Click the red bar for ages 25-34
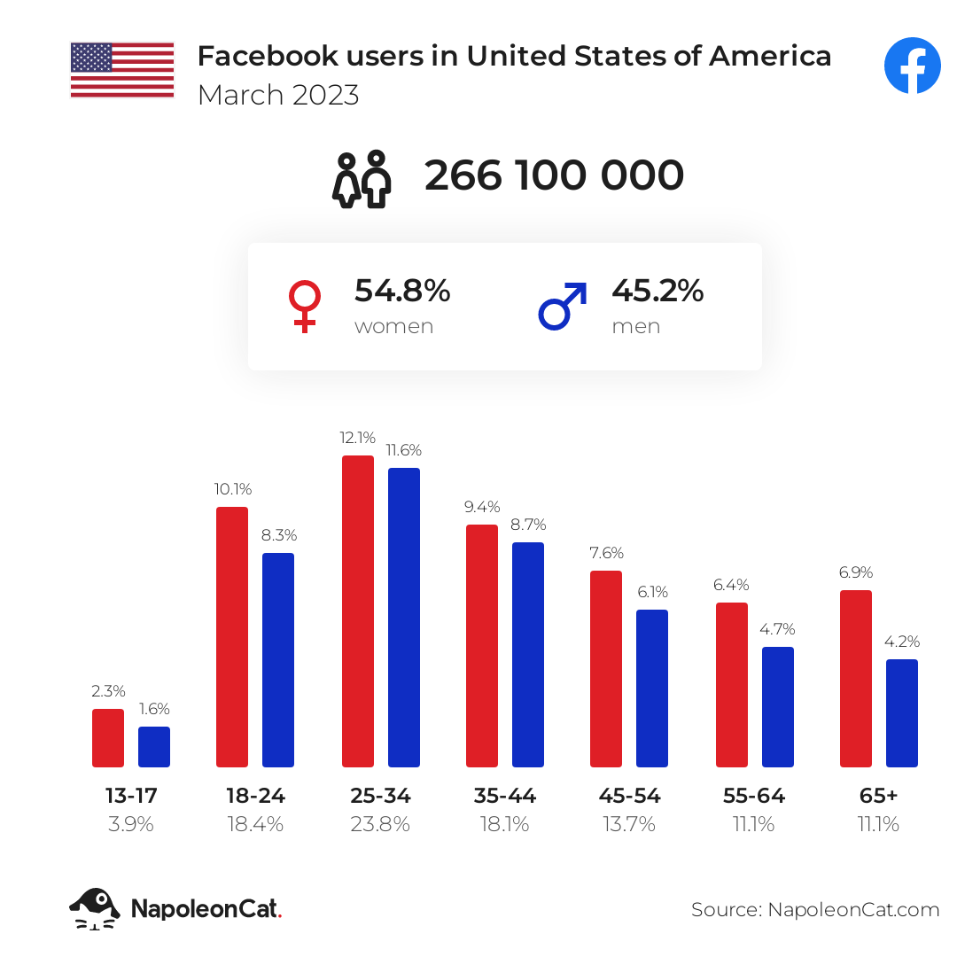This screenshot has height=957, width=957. coord(357,611)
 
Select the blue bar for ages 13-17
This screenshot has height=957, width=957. coord(154,746)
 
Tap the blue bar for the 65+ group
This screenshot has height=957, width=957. coord(901,712)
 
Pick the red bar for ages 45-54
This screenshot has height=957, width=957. coord(605,668)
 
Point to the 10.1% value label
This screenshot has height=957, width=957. coord(232,488)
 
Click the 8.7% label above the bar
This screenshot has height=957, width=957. coord(528,524)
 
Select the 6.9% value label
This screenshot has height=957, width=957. coord(856,572)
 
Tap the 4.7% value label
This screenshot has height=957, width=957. coord(777,629)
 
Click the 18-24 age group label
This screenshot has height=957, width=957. coord(256,796)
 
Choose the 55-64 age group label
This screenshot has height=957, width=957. coord(754,796)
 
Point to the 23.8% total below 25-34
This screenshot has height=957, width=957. coord(380,824)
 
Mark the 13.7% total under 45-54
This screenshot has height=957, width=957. coord(629,824)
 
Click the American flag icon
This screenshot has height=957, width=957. coord(122,70)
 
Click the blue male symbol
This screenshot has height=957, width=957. coord(563,307)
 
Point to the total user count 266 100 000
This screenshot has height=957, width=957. coord(554,175)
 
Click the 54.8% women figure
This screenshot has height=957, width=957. coord(402,291)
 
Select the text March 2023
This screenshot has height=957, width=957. coord(278,95)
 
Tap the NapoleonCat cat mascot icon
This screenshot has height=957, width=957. coord(95,908)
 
